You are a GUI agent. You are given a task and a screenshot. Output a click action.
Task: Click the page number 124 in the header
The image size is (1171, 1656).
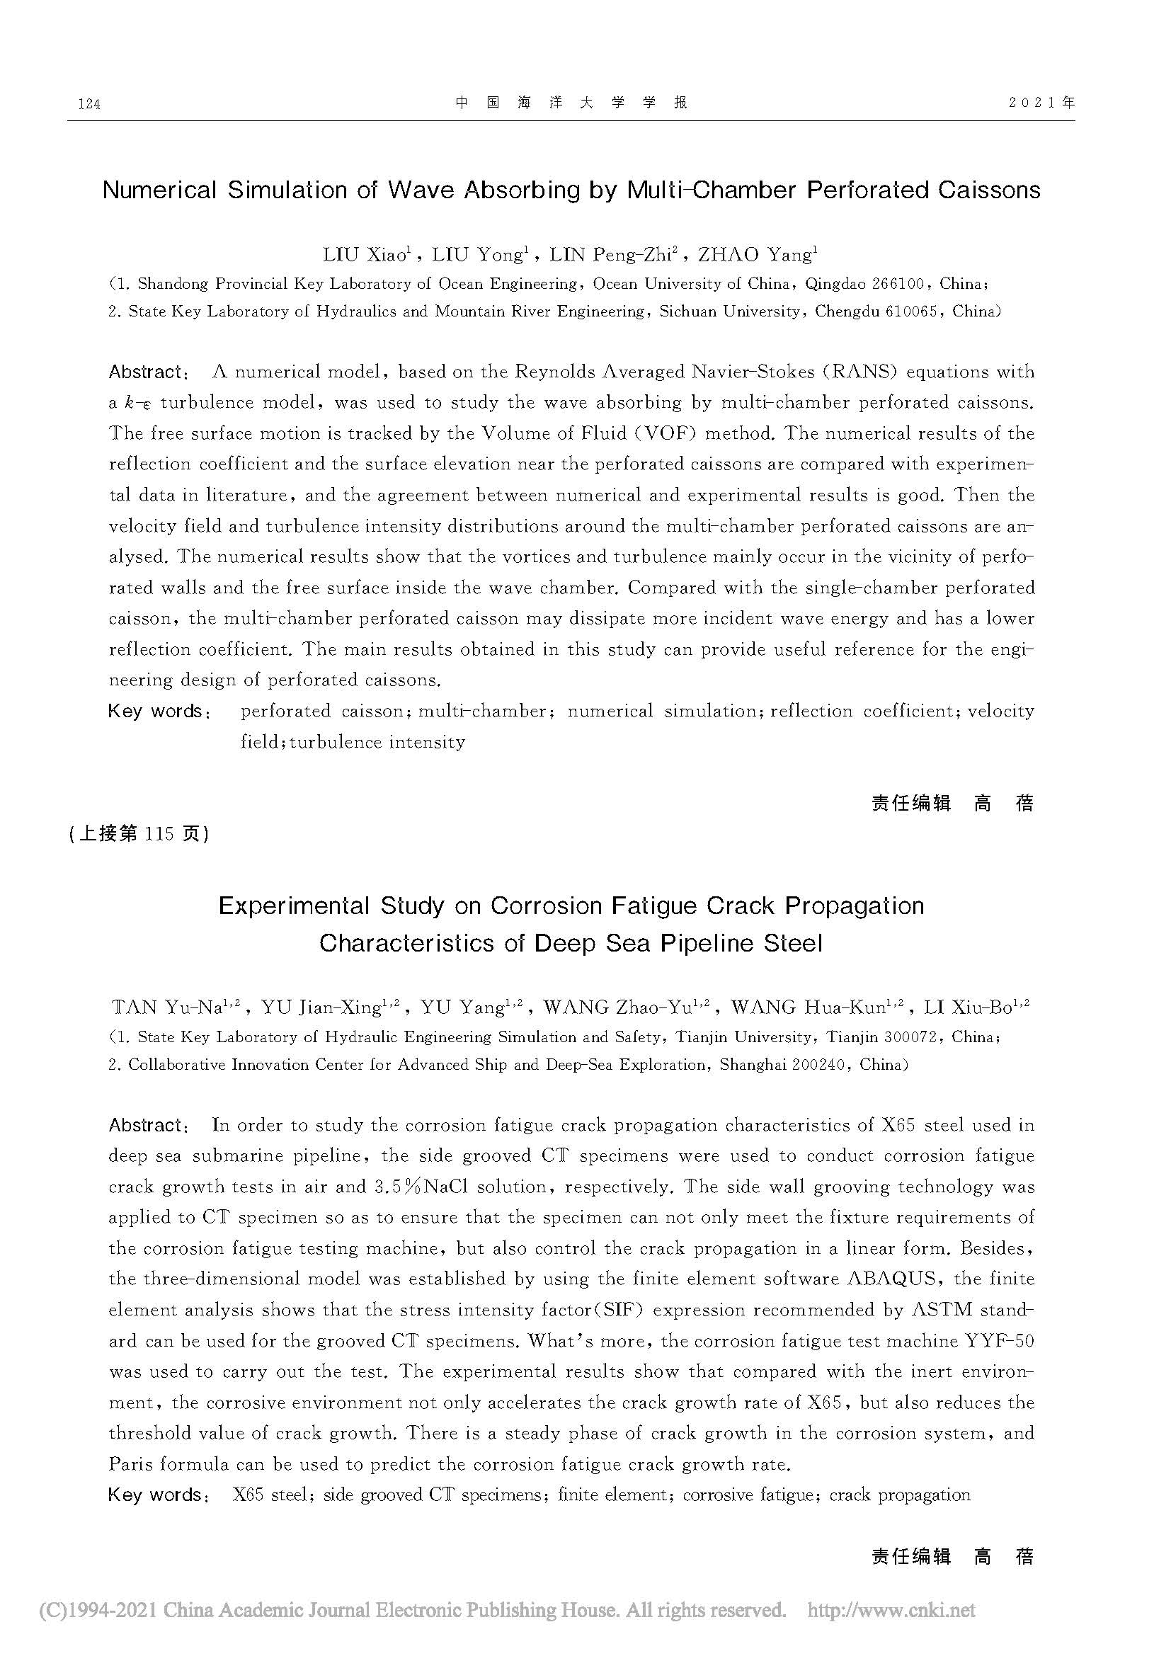click(88, 105)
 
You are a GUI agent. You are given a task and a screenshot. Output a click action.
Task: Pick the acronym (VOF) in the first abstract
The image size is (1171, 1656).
click(660, 433)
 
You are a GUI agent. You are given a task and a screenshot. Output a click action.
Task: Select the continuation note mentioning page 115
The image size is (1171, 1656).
click(139, 834)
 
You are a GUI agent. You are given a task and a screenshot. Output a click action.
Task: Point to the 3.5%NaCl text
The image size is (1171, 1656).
click(421, 1187)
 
